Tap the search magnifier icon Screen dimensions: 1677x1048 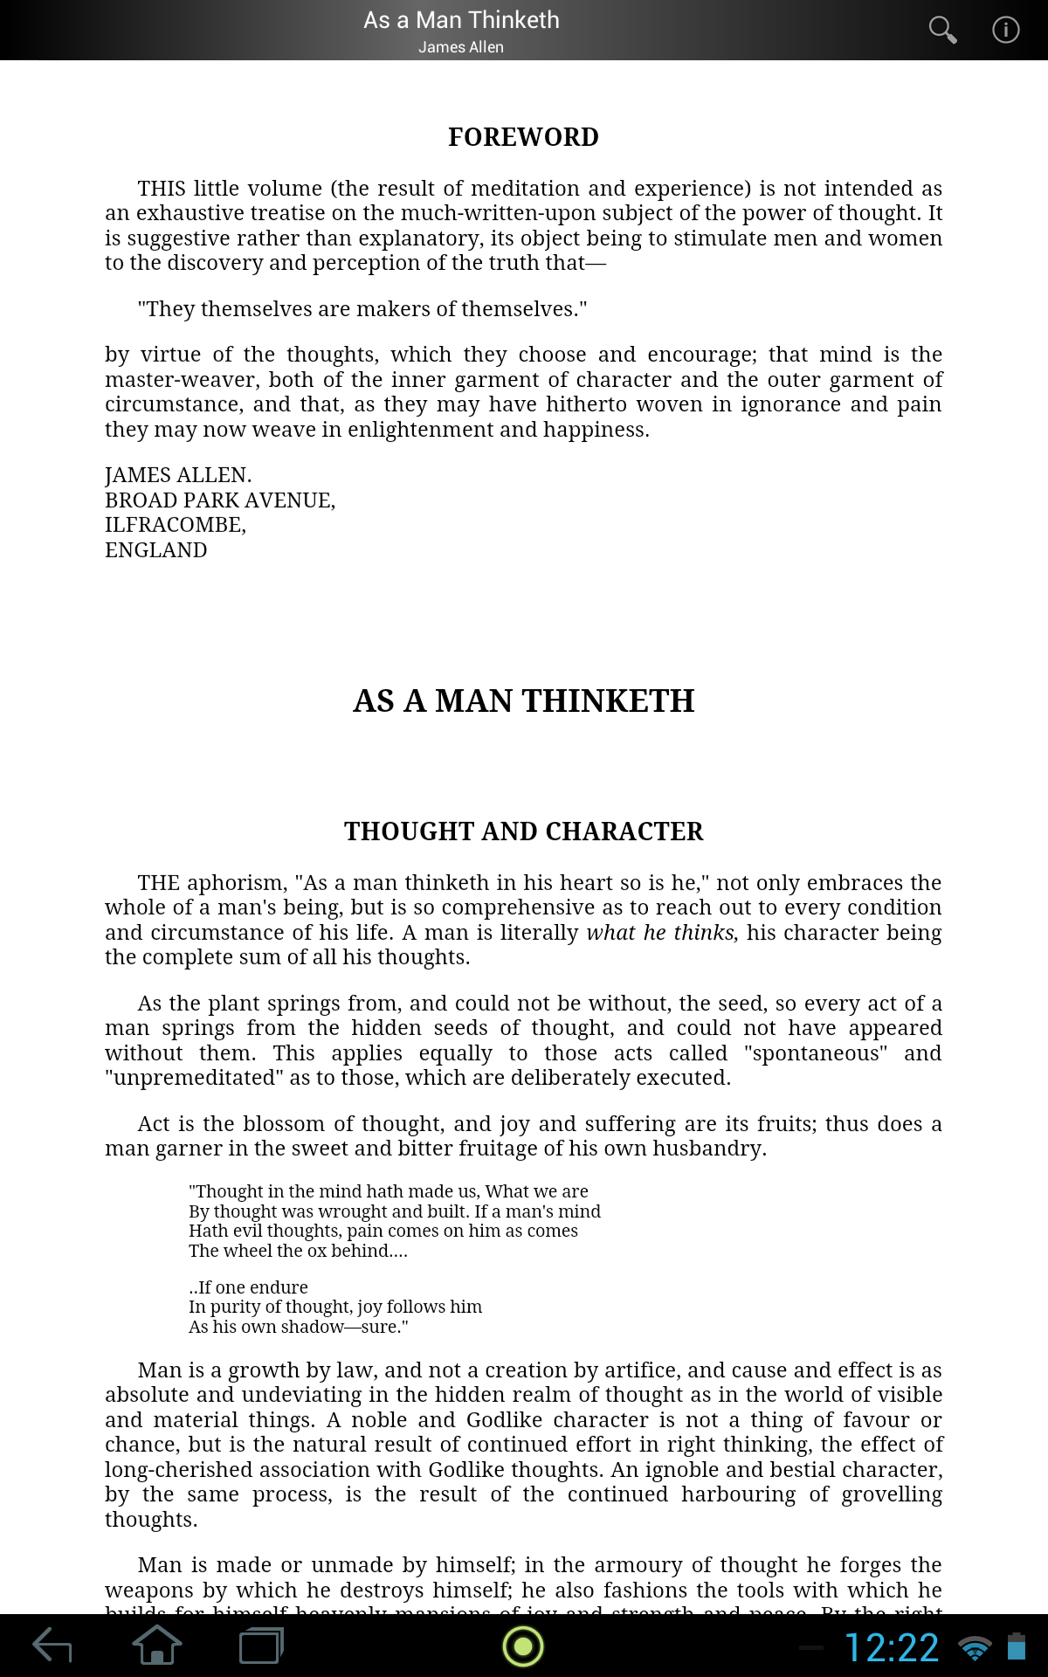pyautogui.click(x=941, y=30)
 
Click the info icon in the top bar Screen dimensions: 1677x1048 pyautogui.click(x=1005, y=31)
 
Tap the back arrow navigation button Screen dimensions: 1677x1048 pyautogui.click(x=52, y=1646)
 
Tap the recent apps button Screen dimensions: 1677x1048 pyautogui.click(x=261, y=1646)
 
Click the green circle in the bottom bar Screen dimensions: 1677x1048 pyautogui.click(x=523, y=1646)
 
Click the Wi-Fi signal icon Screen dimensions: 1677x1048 pyautogui.click(x=975, y=1647)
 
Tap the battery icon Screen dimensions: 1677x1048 pyautogui.click(x=1017, y=1646)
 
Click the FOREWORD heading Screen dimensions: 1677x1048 pyautogui.click(x=523, y=137)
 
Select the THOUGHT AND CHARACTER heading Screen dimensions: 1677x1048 pyautogui.click(x=523, y=832)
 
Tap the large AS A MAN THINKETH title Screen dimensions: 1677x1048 pyautogui.click(x=523, y=700)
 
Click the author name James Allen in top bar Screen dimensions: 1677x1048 pyautogui.click(x=461, y=47)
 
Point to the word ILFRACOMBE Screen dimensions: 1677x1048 pyautogui.click(x=175, y=525)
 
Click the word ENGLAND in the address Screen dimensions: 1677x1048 pyautogui.click(x=156, y=550)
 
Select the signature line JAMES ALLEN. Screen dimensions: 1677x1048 pyautogui.click(x=178, y=475)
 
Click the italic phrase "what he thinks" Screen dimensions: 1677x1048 pyautogui.click(x=660, y=933)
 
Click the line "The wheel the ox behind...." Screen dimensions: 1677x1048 pyautogui.click(x=298, y=1251)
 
